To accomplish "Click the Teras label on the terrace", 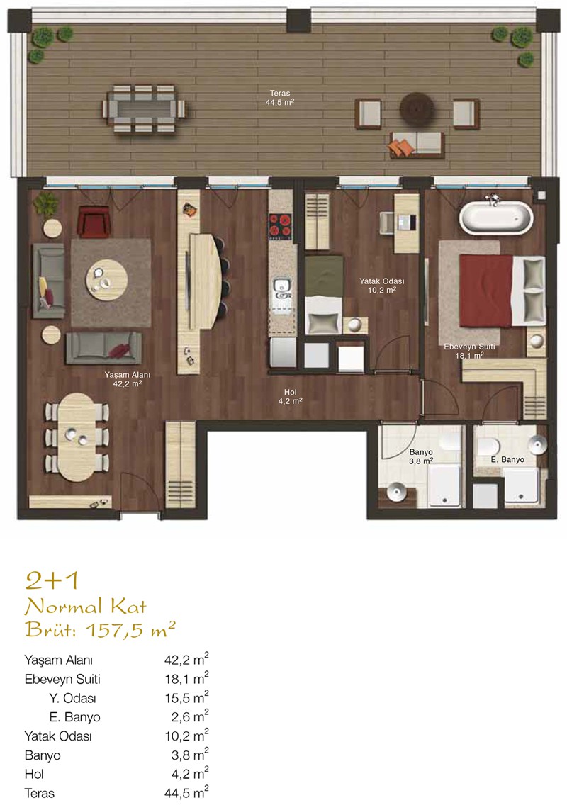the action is (x=280, y=94).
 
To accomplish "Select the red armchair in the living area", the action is (x=94, y=222).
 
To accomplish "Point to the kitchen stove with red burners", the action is (x=280, y=226).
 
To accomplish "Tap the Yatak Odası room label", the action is (x=382, y=281).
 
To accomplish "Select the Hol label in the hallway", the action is (x=290, y=393).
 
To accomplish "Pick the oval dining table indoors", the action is (x=76, y=437).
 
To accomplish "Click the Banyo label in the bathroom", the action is (x=421, y=452).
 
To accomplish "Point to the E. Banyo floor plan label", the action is (x=507, y=460).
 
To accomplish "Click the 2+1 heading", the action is (x=52, y=581).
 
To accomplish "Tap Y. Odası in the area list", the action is (x=72, y=699).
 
